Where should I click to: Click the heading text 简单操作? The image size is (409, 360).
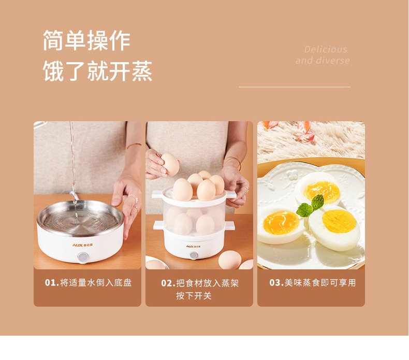[86, 40]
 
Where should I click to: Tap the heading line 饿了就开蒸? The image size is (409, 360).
[97, 71]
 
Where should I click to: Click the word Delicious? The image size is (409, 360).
[326, 49]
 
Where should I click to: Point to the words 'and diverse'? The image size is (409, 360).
[323, 61]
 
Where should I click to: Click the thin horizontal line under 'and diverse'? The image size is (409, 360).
[295, 87]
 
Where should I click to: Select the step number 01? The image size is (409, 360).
[52, 282]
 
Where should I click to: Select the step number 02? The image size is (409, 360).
[168, 283]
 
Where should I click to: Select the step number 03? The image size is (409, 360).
[276, 282]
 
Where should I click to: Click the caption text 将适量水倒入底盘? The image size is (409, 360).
[96, 282]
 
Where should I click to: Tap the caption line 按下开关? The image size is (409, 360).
[194, 296]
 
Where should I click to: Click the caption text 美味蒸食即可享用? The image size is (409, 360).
[320, 282]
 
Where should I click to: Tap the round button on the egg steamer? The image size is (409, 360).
[194, 255]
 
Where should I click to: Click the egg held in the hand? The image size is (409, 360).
[170, 164]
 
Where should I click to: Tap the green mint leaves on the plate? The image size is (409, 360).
[311, 206]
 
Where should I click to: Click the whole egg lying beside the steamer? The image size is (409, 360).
[230, 260]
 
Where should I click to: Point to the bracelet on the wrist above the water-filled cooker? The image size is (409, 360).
[134, 145]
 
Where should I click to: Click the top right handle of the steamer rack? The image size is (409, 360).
[231, 194]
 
